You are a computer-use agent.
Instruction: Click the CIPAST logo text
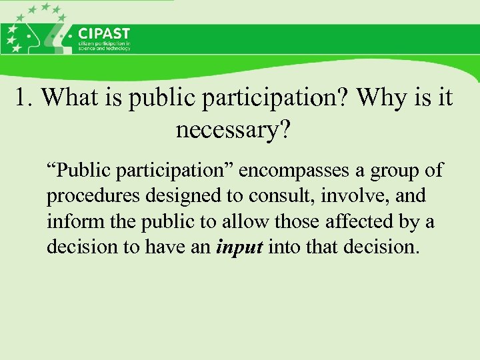104,33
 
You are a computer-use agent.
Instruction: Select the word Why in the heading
380,98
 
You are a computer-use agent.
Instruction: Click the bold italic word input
241,247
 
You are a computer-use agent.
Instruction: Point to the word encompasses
293,171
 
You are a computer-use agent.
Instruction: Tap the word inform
69,221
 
